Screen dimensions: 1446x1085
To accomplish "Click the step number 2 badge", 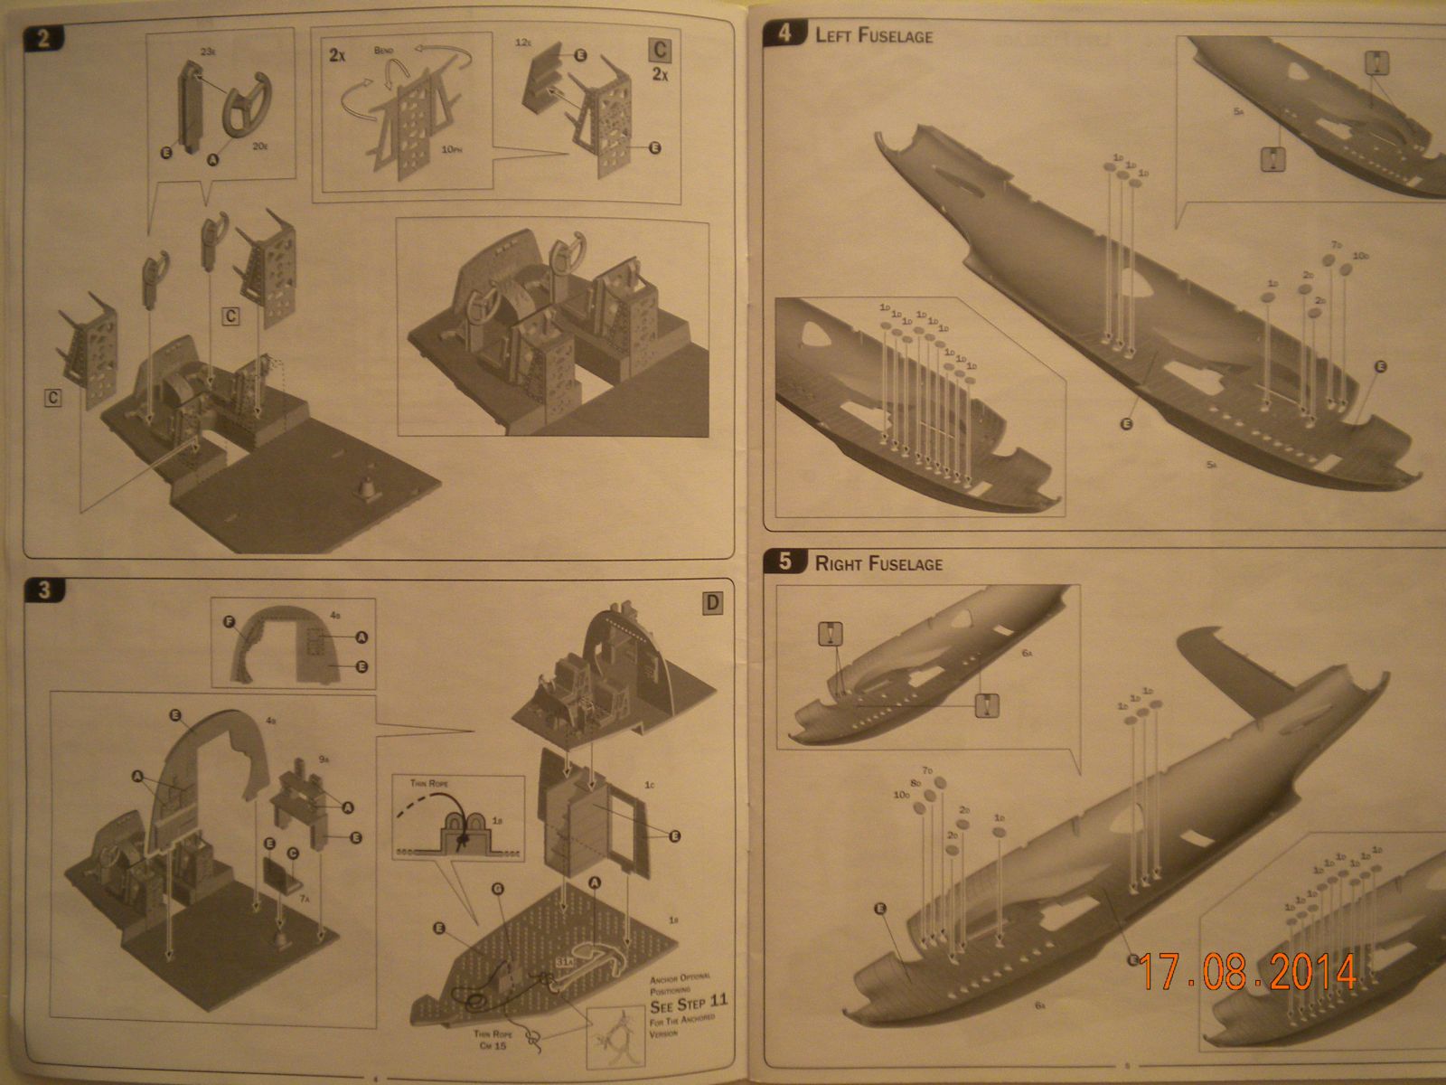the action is point(43,39).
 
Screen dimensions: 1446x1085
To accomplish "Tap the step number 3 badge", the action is point(44,590).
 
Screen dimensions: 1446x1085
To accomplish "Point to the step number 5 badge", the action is point(784,561).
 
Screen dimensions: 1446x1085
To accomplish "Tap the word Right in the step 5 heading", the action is point(839,563).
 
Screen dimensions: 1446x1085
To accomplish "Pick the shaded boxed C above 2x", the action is point(661,51).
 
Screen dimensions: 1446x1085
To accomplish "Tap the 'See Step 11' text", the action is point(688,1003).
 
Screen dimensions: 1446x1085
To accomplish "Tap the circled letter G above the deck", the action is point(497,890).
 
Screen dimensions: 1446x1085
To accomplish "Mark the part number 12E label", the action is point(521,42).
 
